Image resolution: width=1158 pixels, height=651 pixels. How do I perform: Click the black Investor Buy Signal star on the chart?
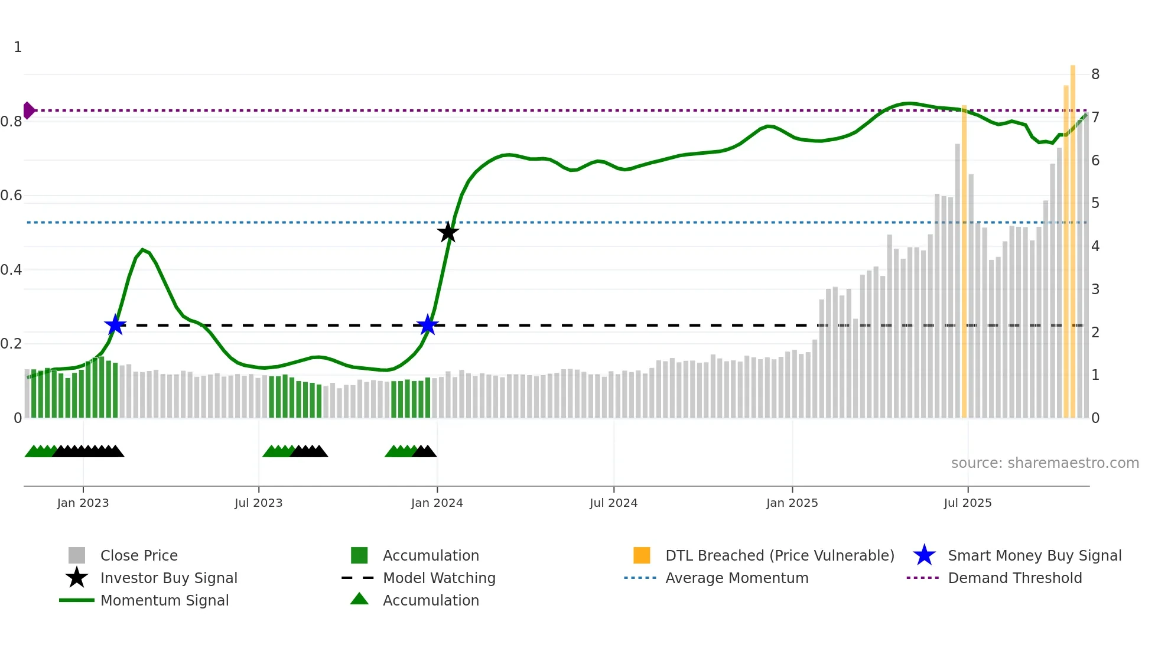pyautogui.click(x=448, y=232)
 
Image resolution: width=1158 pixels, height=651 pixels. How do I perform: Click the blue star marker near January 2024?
pyautogui.click(x=427, y=325)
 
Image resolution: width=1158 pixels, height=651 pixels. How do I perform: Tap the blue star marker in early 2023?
pyautogui.click(x=115, y=325)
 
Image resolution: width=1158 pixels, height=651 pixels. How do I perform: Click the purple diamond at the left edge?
pyautogui.click(x=28, y=110)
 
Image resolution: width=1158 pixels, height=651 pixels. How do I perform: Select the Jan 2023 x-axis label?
pyautogui.click(x=83, y=503)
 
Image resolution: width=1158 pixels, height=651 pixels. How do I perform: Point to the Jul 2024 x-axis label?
pyautogui.click(x=613, y=503)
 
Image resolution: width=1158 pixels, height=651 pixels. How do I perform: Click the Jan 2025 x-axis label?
pyautogui.click(x=792, y=503)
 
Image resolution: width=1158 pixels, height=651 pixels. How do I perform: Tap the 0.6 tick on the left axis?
pyautogui.click(x=12, y=196)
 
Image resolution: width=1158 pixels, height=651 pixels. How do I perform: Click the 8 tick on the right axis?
pyautogui.click(x=1095, y=74)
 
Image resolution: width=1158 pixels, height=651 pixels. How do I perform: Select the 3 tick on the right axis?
pyautogui.click(x=1095, y=289)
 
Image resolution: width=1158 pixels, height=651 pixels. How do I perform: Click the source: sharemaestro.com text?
pyautogui.click(x=1045, y=463)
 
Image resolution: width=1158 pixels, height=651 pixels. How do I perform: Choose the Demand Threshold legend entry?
pyautogui.click(x=1014, y=578)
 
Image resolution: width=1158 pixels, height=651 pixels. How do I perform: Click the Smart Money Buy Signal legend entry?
pyautogui.click(x=1034, y=555)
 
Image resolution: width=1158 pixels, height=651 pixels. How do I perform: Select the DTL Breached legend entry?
pyautogui.click(x=779, y=555)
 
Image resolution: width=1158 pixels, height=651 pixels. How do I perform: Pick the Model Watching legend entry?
pyautogui.click(x=438, y=578)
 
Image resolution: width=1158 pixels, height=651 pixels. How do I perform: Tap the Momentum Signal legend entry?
pyautogui.click(x=164, y=600)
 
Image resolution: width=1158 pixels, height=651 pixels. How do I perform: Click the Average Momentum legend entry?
pyautogui.click(x=736, y=578)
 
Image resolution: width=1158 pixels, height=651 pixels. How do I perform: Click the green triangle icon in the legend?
pyautogui.click(x=359, y=599)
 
